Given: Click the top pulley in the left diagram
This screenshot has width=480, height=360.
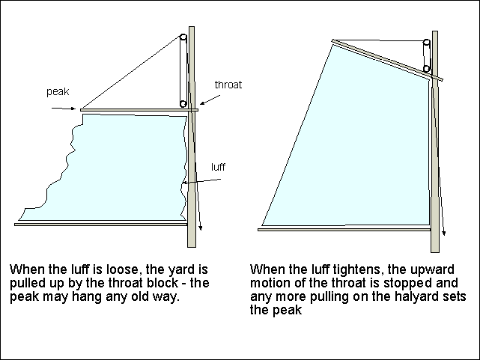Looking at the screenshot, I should (183, 39).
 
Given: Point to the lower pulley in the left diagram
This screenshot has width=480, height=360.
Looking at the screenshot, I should (183, 103).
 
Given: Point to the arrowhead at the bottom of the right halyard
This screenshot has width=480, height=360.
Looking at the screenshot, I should (445, 234).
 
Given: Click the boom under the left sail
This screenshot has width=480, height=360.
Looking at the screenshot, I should (100, 223).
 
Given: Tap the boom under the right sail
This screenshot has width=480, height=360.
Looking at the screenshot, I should (344, 229).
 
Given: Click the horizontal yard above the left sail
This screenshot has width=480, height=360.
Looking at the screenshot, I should (139, 110).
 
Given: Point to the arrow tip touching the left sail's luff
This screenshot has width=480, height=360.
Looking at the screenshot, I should (183, 183).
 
